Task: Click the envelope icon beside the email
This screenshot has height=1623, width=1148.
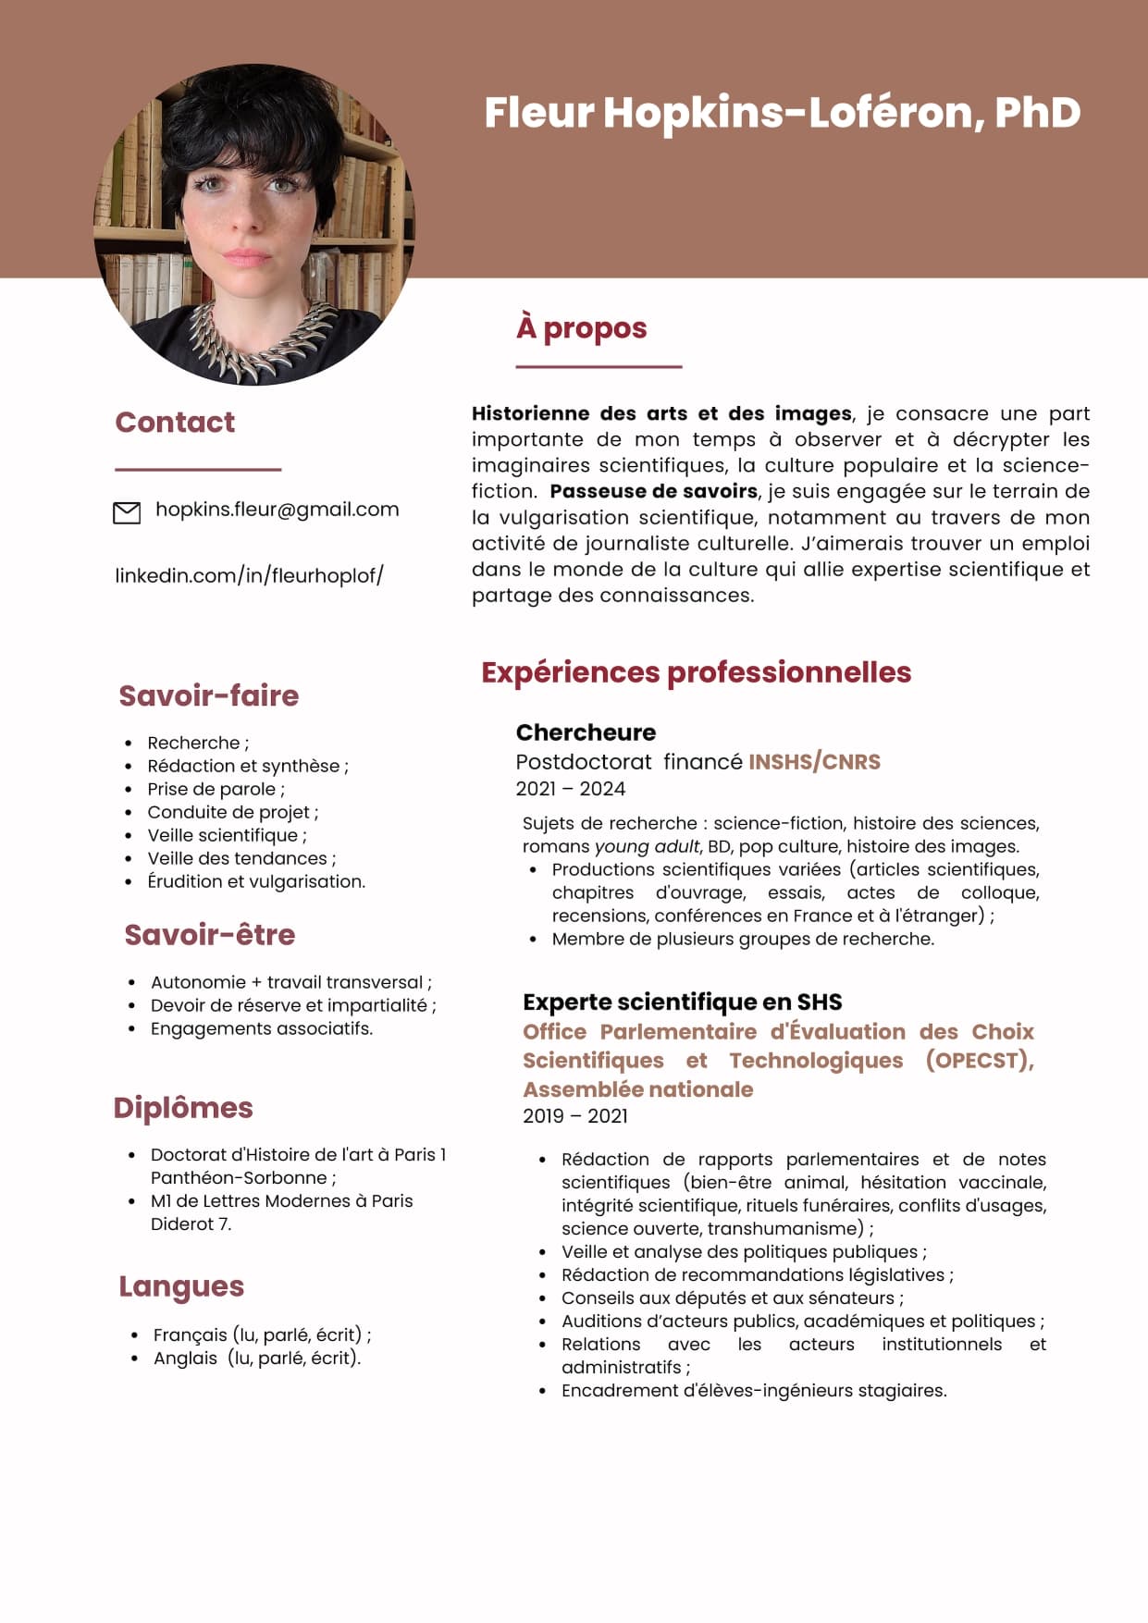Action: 126,512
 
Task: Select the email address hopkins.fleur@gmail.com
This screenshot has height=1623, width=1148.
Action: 277,510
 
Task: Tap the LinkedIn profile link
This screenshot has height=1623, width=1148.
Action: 249,575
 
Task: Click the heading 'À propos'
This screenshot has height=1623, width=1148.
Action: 582,328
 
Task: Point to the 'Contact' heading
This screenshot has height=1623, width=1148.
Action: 175,423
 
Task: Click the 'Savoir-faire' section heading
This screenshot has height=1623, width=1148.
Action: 209,695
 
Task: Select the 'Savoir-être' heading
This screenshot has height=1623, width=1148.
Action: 210,935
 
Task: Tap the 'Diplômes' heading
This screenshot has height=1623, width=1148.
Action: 183,1108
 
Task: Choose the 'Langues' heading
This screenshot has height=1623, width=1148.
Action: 181,1286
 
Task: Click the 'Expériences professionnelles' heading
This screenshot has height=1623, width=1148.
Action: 696,672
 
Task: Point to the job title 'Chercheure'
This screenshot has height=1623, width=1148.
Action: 586,732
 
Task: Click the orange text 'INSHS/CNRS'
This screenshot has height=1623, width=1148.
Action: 814,762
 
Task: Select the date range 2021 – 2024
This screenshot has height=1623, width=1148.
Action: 571,789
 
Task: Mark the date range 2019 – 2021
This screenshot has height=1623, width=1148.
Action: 575,1116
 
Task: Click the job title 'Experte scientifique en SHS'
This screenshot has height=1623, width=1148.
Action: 682,1002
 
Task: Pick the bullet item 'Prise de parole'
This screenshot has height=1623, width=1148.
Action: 216,789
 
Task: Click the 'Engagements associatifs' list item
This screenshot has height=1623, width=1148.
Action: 262,1028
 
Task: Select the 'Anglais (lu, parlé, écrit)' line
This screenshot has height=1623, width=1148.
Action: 257,1358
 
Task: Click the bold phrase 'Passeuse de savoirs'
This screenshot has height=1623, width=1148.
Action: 653,491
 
